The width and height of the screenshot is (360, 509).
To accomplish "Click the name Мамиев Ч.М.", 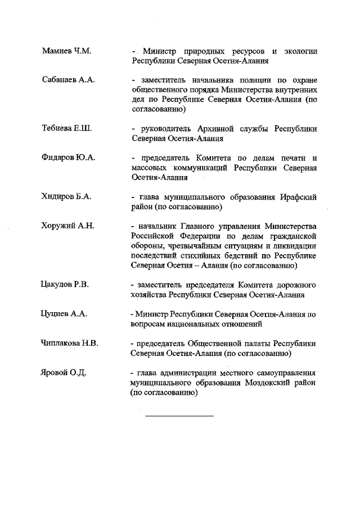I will coord(66,51).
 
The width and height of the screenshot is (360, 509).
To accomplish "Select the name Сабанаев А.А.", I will coord(68,79).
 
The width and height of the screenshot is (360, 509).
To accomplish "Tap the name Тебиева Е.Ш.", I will coord(66,128).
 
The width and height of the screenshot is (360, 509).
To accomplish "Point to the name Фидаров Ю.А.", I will coord(68,157).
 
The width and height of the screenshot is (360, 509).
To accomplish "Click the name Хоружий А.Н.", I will coord(67,226).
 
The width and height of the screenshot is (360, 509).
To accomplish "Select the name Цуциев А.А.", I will coord(64,314).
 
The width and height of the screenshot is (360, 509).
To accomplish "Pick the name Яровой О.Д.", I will coord(63,372).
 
